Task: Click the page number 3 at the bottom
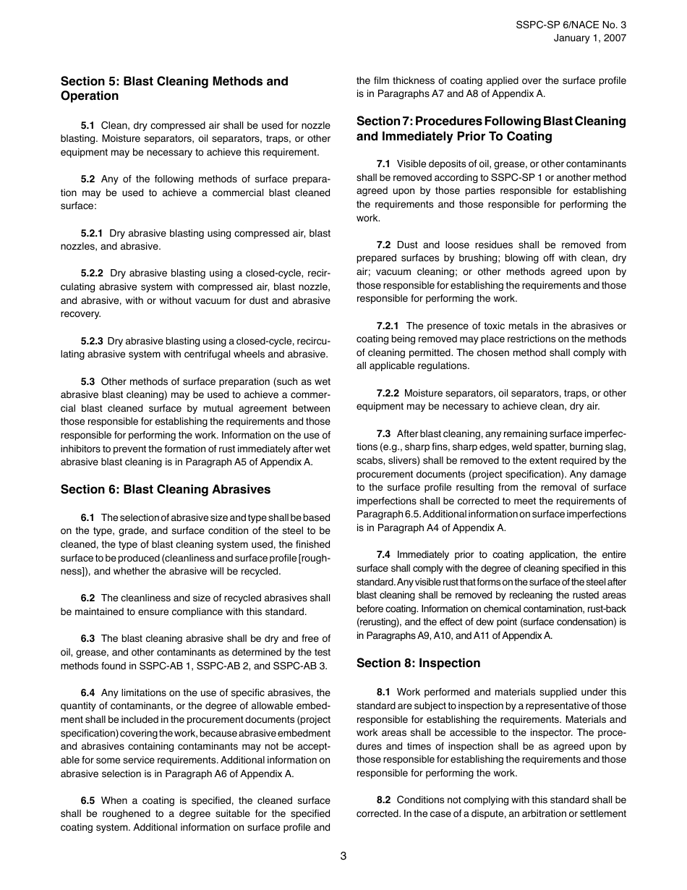[x=343, y=856]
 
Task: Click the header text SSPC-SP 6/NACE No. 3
[x=571, y=24]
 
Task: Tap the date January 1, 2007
[x=590, y=38]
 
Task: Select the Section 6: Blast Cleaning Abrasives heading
[x=166, y=489]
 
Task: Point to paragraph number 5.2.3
[x=92, y=341]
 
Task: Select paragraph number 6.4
[x=88, y=692]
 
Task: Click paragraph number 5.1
[x=88, y=125]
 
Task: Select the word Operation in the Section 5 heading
[x=90, y=96]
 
